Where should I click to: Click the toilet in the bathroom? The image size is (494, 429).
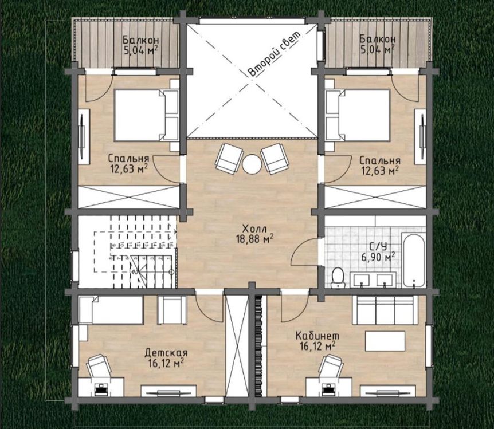(338, 277)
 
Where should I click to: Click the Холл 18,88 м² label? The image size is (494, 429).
(254, 234)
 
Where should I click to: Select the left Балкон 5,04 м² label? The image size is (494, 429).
(140, 45)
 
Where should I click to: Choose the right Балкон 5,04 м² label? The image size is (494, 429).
(378, 44)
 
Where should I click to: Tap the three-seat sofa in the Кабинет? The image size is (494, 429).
(385, 310)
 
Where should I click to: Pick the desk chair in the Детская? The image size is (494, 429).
(99, 365)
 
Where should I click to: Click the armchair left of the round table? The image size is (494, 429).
(229, 159)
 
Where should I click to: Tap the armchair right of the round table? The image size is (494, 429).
(274, 159)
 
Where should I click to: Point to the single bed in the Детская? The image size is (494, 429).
(111, 310)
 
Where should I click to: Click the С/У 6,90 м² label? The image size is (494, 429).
(378, 251)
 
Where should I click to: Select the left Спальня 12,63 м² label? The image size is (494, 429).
(128, 164)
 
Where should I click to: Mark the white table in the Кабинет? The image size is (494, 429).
(385, 341)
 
